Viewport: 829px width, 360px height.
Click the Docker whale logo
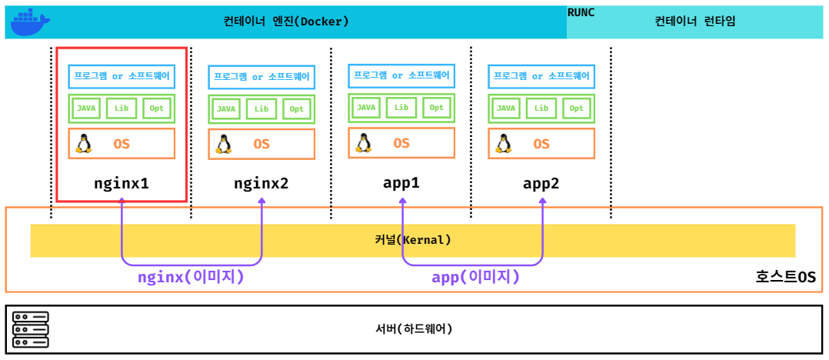[30, 22]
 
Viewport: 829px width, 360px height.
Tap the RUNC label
[581, 12]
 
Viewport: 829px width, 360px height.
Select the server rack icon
[31, 329]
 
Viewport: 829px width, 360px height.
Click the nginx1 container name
[122, 184]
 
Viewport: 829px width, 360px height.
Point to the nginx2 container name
[261, 184]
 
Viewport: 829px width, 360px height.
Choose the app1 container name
[401, 183]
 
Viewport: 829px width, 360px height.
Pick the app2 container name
[541, 183]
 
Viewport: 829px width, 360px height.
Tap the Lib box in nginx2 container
[261, 109]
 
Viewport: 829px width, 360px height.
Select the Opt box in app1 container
[436, 108]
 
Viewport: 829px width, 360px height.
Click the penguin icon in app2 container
[504, 143]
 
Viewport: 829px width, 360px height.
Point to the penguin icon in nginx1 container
[84, 144]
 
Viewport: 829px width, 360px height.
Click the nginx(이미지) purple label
[191, 277]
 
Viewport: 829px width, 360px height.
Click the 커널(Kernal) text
[412, 240]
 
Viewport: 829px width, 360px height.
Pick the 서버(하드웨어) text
[414, 328]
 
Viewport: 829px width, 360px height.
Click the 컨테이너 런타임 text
[695, 21]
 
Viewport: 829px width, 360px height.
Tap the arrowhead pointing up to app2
[543, 202]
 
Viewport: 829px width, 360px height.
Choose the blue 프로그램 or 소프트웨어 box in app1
[401, 75]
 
